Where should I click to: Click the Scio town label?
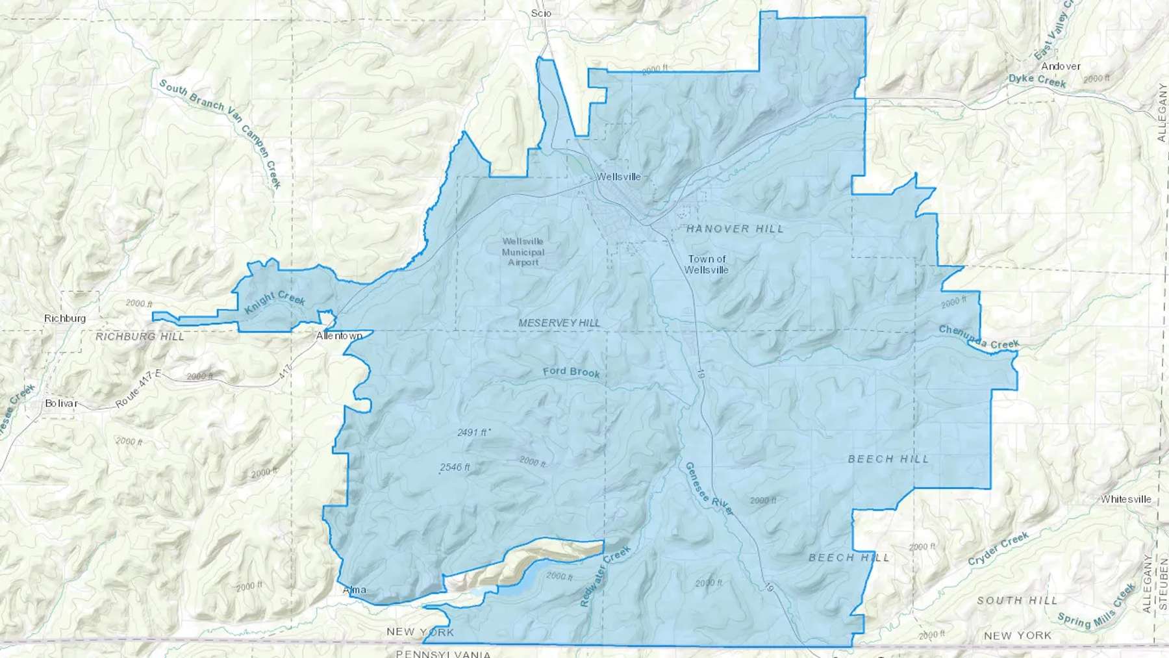(x=541, y=13)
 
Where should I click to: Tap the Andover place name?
(x=1061, y=66)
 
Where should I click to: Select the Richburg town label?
(x=65, y=318)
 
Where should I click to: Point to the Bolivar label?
(x=61, y=403)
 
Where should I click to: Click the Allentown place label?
(x=338, y=336)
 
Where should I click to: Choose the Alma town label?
(x=355, y=590)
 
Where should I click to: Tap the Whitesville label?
(x=1125, y=500)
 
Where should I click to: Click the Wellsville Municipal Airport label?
(x=523, y=252)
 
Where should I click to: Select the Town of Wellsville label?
(x=707, y=264)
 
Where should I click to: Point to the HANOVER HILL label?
(x=735, y=229)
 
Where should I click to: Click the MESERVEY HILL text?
(x=559, y=323)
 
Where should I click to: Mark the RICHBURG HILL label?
(x=140, y=336)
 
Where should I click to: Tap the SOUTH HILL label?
(x=1017, y=601)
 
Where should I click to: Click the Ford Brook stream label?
(x=572, y=372)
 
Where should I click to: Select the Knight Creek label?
(x=275, y=302)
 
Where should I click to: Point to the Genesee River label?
(x=709, y=489)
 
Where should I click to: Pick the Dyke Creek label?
(x=1037, y=81)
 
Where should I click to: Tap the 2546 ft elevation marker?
(x=455, y=467)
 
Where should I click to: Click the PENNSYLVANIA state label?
(x=443, y=653)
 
